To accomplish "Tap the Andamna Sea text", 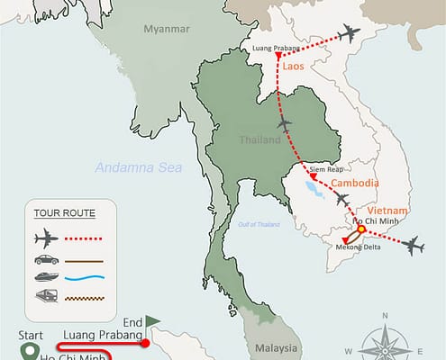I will (139, 167).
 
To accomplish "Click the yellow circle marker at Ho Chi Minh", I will (360, 229).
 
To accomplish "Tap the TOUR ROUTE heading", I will (65, 213).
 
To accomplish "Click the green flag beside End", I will (153, 319).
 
